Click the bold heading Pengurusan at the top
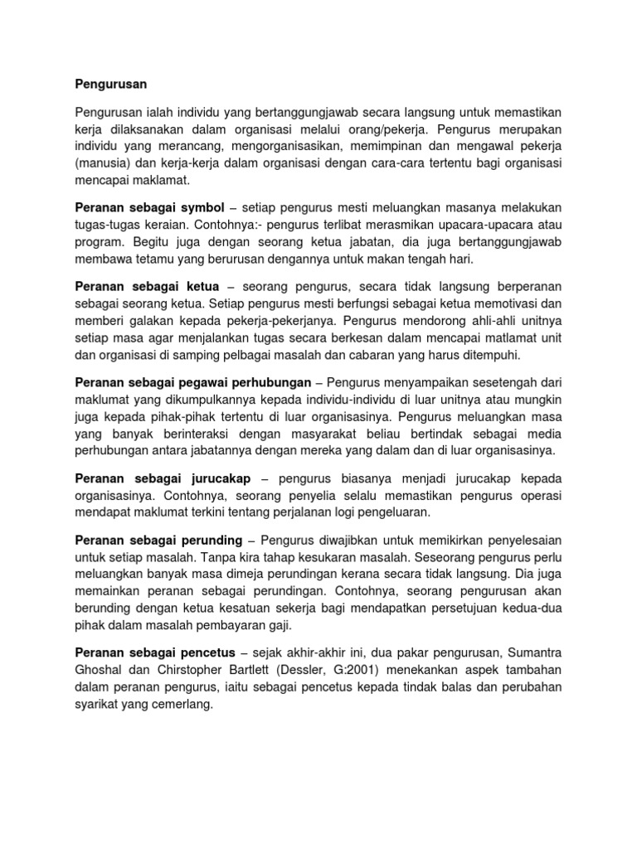[110, 84]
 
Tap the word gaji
[281, 626]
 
